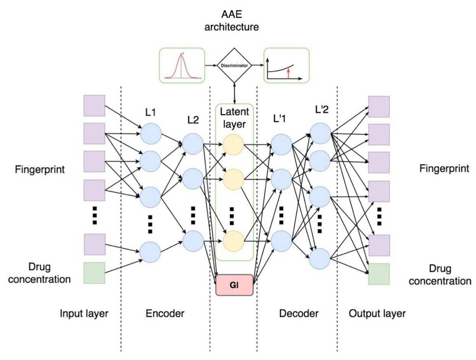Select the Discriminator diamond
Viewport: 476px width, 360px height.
(234, 66)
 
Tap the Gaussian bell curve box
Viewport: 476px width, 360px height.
(182, 66)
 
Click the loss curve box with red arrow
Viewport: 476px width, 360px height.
(286, 66)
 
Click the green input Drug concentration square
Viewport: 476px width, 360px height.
(94, 273)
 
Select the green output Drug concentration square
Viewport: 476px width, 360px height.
(378, 274)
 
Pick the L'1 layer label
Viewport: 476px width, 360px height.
(281, 120)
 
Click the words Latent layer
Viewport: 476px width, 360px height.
(234, 117)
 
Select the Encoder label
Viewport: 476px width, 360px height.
(165, 314)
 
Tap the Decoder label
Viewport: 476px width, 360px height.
(299, 314)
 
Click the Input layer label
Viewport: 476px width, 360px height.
(84, 314)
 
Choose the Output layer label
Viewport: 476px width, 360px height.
(377, 314)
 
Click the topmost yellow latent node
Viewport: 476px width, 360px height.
(233, 145)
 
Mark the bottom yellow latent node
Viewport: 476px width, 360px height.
(233, 241)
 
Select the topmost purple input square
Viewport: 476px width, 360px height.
(94, 105)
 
